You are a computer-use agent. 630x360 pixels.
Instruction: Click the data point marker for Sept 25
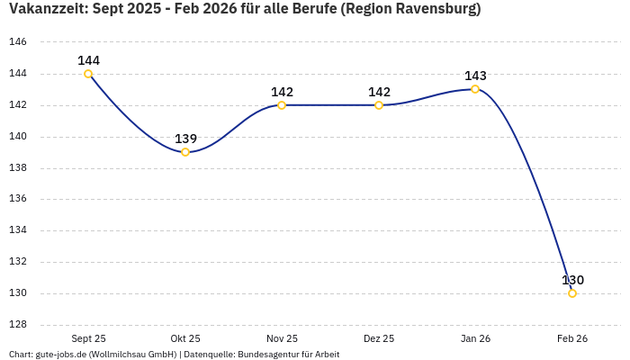click(88, 74)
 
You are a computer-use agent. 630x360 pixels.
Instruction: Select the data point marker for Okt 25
click(185, 152)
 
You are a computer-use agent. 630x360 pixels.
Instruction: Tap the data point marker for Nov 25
click(282, 105)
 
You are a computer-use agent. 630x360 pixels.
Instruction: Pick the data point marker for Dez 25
click(379, 105)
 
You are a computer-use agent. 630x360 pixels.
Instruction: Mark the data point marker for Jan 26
click(475, 89)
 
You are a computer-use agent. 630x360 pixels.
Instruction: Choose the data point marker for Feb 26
click(572, 293)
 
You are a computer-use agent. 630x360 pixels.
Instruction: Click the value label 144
click(88, 60)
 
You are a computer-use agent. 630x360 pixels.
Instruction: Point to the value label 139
click(185, 139)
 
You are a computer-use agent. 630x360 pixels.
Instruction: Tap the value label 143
click(475, 76)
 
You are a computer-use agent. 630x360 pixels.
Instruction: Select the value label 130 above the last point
click(572, 280)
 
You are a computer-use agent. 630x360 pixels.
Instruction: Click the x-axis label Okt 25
click(185, 338)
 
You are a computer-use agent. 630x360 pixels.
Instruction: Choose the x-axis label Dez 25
click(379, 338)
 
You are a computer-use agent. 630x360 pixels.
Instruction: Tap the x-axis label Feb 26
click(572, 338)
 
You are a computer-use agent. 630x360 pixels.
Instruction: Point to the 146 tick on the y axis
click(18, 42)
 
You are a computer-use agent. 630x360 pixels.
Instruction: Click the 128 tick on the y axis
click(18, 325)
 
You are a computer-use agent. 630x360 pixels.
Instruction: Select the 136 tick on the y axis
click(18, 199)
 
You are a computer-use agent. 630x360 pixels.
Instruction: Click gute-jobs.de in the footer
click(60, 355)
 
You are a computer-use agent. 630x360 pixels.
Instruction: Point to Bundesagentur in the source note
click(266, 355)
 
